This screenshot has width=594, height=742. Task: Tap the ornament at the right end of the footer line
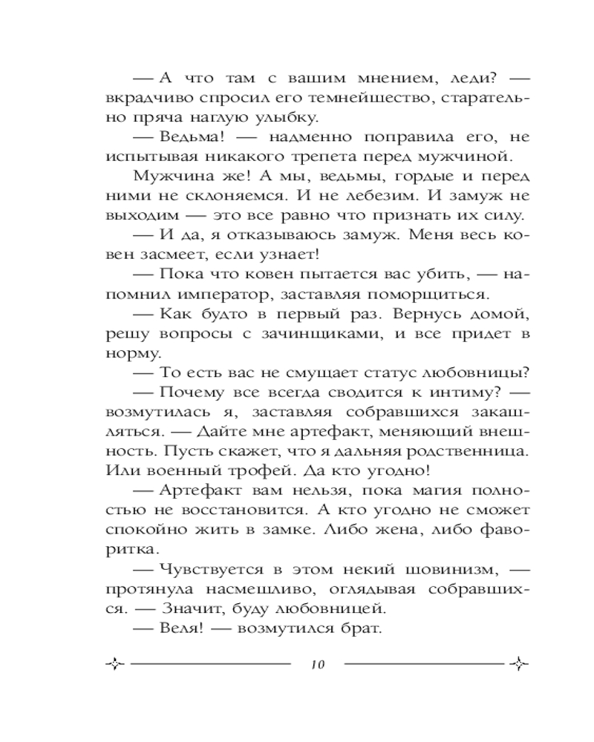(x=519, y=663)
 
